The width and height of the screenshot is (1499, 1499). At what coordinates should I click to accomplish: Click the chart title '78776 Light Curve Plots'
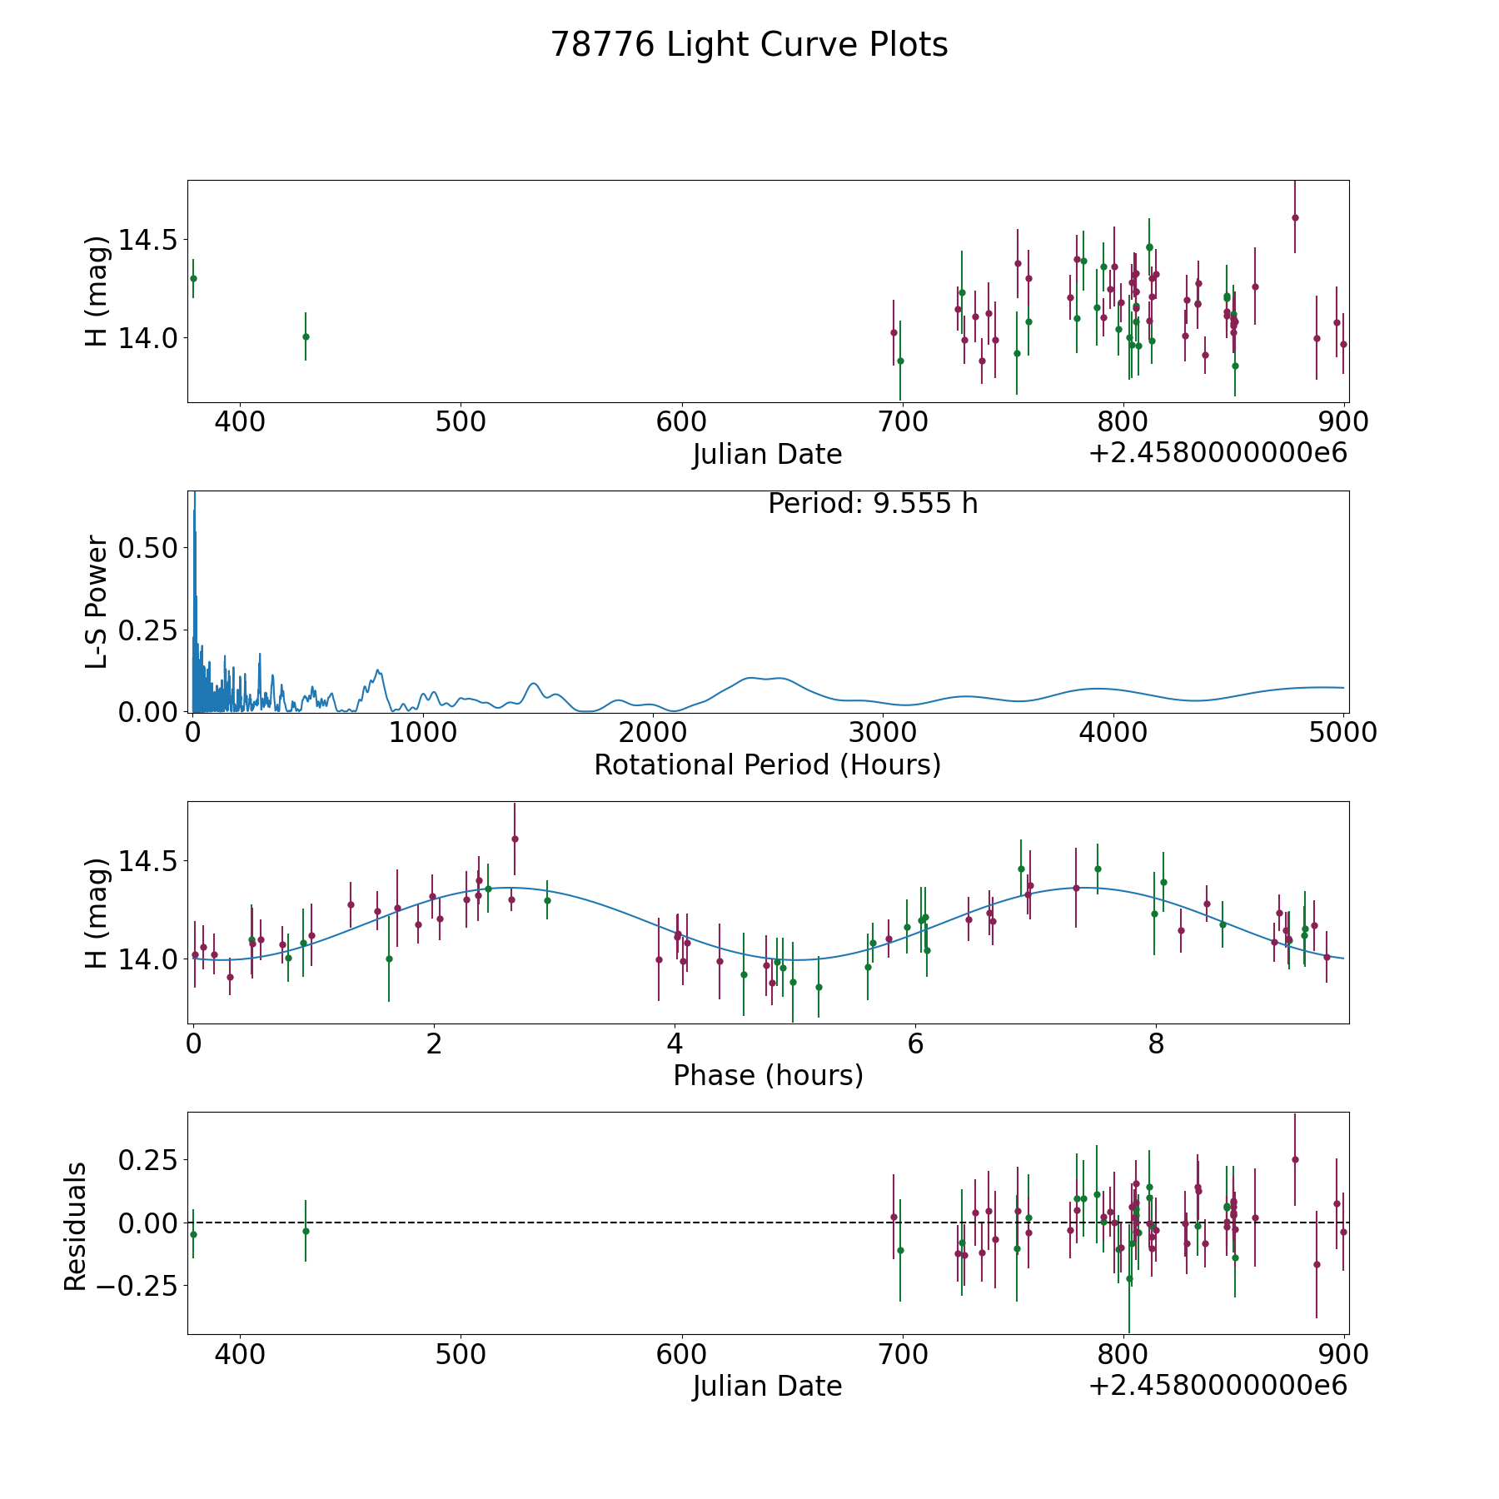click(749, 45)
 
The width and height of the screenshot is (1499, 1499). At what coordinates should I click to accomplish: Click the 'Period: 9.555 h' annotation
click(872, 504)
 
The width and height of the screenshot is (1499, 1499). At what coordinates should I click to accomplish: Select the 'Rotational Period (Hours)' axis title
click(767, 764)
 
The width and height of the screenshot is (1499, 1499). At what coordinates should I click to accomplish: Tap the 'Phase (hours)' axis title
click(767, 1075)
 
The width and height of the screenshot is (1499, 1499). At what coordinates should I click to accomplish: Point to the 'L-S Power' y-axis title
click(97, 601)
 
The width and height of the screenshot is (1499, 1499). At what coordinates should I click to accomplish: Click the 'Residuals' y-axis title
click(75, 1227)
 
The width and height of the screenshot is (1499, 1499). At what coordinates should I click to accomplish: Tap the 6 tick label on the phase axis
click(915, 1044)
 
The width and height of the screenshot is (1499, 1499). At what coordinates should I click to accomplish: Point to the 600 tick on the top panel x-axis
click(681, 422)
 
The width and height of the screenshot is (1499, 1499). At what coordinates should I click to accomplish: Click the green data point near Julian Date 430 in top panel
click(306, 336)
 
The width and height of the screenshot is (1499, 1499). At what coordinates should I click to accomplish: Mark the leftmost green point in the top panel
click(193, 278)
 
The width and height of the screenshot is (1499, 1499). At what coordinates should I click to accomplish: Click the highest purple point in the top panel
click(1295, 217)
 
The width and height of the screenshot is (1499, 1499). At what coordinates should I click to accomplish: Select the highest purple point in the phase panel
click(515, 839)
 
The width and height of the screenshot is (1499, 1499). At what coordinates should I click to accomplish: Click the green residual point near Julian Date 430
click(306, 1231)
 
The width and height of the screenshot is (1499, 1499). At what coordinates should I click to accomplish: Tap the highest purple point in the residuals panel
click(1295, 1159)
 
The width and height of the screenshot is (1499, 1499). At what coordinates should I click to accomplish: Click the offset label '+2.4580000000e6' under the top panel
click(1218, 454)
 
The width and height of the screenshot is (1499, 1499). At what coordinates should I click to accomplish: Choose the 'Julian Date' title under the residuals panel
click(767, 1386)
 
